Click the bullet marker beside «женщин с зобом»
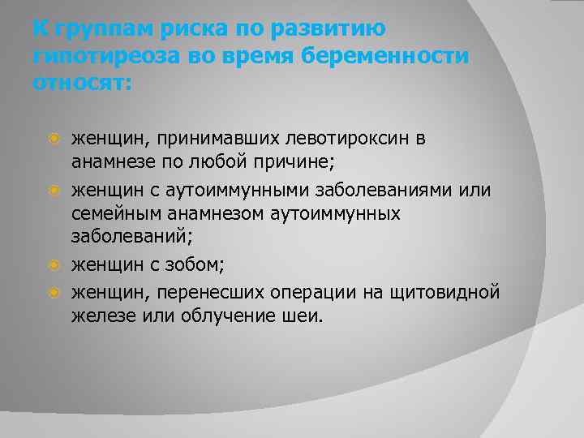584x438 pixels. pyautogui.click(x=54, y=264)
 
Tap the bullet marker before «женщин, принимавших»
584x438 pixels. pyautogui.click(x=54, y=139)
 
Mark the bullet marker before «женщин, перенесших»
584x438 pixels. pyautogui.click(x=54, y=291)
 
